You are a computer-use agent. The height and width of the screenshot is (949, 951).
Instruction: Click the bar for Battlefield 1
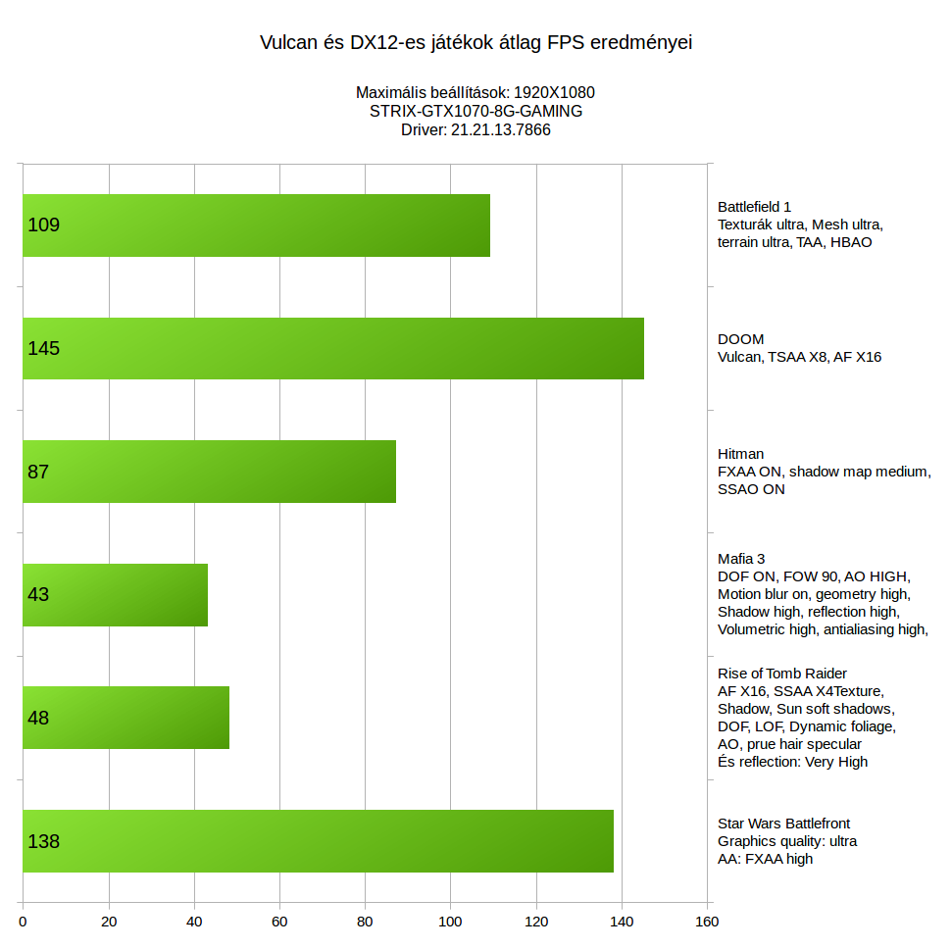point(256,225)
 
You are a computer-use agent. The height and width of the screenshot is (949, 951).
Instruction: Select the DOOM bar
point(333,348)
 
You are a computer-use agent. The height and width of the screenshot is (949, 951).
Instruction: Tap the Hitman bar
point(209,472)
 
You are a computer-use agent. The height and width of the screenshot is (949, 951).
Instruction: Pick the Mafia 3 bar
point(115,595)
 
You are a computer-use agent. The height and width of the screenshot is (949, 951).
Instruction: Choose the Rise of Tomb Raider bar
point(125,718)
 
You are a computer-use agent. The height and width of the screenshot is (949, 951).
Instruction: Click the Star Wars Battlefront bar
point(318,841)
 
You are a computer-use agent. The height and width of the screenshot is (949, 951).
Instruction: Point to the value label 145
point(44,348)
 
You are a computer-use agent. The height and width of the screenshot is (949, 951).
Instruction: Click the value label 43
point(38,595)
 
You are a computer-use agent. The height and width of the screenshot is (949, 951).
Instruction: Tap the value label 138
point(44,841)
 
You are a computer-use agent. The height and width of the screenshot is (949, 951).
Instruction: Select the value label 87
point(38,472)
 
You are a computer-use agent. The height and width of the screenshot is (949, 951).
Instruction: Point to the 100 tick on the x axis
point(450,922)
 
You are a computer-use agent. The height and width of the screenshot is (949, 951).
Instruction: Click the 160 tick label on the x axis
point(707,922)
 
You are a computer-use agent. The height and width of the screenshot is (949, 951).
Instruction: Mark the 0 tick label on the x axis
point(23,922)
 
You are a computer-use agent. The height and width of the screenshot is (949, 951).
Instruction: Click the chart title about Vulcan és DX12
point(475,43)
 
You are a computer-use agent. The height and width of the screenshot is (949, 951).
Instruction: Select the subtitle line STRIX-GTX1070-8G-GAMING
point(475,111)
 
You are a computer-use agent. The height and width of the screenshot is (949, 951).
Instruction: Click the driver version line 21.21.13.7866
point(475,129)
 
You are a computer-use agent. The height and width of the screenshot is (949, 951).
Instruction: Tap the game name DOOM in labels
point(740,339)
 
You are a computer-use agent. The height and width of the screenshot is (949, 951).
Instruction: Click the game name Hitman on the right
point(740,454)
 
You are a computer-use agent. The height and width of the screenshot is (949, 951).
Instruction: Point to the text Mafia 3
point(741,559)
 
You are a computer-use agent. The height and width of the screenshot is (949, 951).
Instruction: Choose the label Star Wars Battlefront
point(783,824)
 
